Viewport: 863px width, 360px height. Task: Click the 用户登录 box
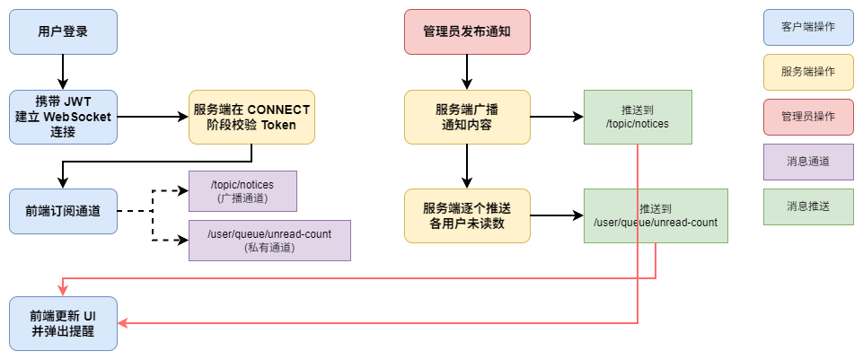63,31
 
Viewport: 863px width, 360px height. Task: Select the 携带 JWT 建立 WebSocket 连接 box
63,117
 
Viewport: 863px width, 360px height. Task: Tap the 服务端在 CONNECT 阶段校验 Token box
251,117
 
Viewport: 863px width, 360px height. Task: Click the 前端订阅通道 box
63,212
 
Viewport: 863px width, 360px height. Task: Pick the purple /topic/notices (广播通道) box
242,190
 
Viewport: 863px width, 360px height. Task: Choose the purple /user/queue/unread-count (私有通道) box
269,240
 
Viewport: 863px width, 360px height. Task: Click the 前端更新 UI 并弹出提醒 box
63,323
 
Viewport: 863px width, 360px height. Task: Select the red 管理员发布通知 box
467,31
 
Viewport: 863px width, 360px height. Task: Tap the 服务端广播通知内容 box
467,117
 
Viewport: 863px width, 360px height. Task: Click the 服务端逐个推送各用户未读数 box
467,215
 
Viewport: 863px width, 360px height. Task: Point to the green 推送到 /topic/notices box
638,117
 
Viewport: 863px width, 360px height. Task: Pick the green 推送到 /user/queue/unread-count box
656,215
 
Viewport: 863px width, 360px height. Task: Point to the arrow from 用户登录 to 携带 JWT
63,72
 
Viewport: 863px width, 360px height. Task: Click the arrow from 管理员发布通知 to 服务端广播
467,72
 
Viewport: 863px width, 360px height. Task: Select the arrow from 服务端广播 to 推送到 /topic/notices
557,117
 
